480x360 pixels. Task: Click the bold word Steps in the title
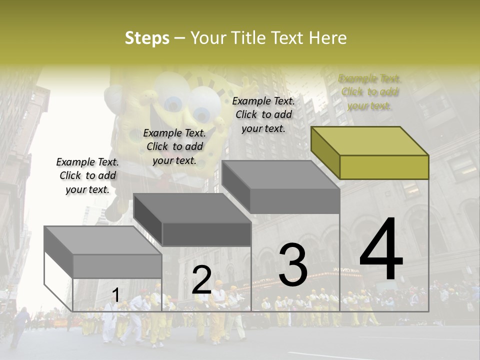147,38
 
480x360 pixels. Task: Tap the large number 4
381,249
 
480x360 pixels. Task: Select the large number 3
293,265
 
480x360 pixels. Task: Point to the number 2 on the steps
201,280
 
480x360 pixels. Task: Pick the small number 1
115,295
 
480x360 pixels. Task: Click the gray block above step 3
281,187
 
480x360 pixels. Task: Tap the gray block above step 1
103,253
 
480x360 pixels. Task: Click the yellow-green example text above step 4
370,92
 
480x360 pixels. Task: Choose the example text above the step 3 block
263,114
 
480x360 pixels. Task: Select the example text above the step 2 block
174,146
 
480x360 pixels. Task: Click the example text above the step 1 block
87,175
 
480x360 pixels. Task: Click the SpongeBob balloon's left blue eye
173,104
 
